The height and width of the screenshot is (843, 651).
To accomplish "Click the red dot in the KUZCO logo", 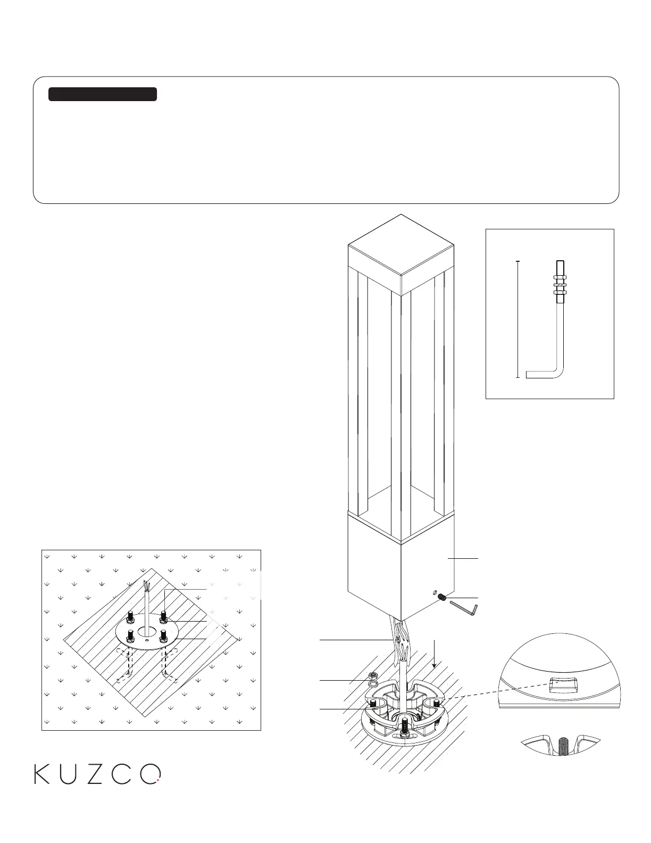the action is (158, 781).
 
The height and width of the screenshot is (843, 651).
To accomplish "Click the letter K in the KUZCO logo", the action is (42, 774).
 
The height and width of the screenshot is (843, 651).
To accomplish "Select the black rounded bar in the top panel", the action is (103, 94).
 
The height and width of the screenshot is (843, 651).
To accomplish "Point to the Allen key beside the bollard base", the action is (464, 608).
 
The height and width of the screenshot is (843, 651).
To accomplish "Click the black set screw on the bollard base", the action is (441, 598).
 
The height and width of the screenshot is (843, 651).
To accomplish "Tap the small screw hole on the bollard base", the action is (433, 593).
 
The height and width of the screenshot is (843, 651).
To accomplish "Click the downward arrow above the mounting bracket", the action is (435, 655).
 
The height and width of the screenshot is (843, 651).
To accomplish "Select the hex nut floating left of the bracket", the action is (373, 675).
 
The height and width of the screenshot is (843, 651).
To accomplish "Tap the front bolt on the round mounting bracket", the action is (406, 726).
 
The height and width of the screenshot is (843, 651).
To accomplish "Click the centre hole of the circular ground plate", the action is (145, 632).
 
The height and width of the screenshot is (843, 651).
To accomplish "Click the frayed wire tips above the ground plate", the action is (147, 587).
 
